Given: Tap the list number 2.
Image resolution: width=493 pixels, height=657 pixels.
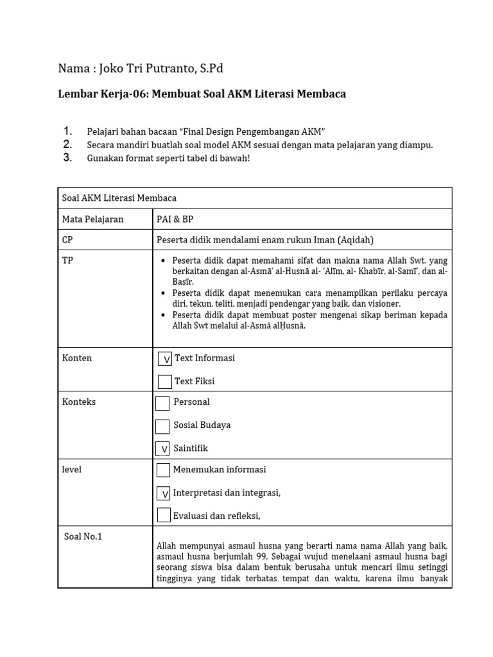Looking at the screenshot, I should tap(67, 144).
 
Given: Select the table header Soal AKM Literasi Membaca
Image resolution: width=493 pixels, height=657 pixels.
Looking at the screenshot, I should tap(119, 198).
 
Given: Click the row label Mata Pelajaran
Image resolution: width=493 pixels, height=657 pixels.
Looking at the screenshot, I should tap(92, 219).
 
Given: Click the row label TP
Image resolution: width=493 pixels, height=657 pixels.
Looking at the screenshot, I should tap(67, 260).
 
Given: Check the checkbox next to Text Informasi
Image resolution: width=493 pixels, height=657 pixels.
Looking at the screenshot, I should tap(165, 359).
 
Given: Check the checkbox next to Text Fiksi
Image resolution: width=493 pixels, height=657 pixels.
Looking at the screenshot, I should tap(165, 382).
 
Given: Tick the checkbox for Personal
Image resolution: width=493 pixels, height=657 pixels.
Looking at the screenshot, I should tap(163, 403).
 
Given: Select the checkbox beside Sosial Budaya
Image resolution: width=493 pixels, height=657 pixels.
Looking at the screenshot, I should tap(163, 426).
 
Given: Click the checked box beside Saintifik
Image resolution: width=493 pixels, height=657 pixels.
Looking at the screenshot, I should tap(163, 448).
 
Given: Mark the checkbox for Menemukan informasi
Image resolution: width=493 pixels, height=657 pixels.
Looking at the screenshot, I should tap(164, 470).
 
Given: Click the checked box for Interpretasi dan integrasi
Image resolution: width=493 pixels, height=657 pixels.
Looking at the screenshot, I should tap(164, 493).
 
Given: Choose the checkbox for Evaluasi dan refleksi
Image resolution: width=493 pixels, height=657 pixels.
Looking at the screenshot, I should tap(164, 515).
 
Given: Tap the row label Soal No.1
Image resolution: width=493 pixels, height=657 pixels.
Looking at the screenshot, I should tap(83, 537).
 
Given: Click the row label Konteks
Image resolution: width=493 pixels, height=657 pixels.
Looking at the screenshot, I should tap(78, 402).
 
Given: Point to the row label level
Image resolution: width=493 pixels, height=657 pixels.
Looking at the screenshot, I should tap(72, 470).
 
